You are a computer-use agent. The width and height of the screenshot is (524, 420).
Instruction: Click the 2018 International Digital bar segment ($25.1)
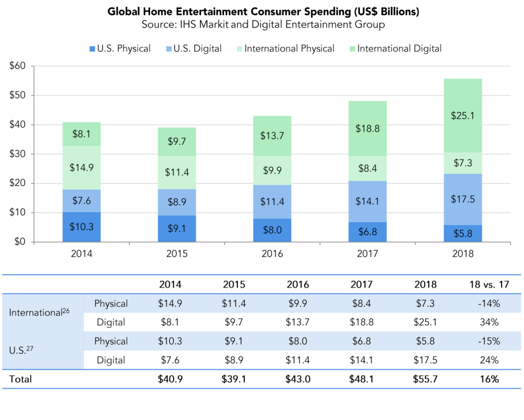click(463, 115)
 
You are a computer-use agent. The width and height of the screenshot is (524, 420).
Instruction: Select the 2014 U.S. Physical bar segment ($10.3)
click(81, 227)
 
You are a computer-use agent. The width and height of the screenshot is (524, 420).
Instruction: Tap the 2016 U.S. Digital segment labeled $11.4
click(272, 201)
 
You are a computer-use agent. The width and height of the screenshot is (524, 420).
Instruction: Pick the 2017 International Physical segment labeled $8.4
click(367, 168)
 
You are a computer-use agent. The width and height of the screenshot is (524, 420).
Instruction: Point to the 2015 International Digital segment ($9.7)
click(177, 142)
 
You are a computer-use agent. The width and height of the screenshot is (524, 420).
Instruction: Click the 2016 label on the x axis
click(272, 254)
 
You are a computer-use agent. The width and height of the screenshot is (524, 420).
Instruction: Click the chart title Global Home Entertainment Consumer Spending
click(263, 11)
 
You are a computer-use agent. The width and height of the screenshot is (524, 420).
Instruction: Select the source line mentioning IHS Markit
click(263, 25)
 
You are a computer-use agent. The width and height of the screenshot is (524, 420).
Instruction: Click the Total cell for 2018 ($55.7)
click(425, 379)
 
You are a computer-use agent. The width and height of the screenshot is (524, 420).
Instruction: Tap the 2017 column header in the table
click(362, 284)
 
